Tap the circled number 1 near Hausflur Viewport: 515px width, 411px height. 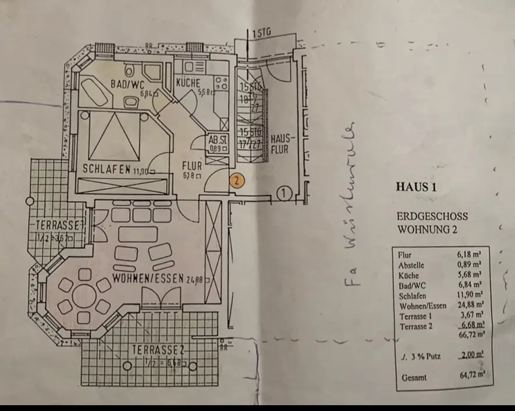(x=283, y=192)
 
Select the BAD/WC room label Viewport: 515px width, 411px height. (x=127, y=85)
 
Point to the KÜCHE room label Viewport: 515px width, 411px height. (x=188, y=83)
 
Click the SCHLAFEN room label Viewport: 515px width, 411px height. (x=106, y=170)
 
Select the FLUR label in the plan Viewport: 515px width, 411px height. (x=191, y=165)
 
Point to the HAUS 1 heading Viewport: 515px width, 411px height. (x=416, y=187)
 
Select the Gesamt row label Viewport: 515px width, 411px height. (x=414, y=377)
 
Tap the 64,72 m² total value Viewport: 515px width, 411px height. (x=472, y=375)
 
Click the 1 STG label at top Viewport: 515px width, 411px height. (x=262, y=34)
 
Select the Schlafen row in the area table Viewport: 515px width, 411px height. (x=414, y=295)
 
